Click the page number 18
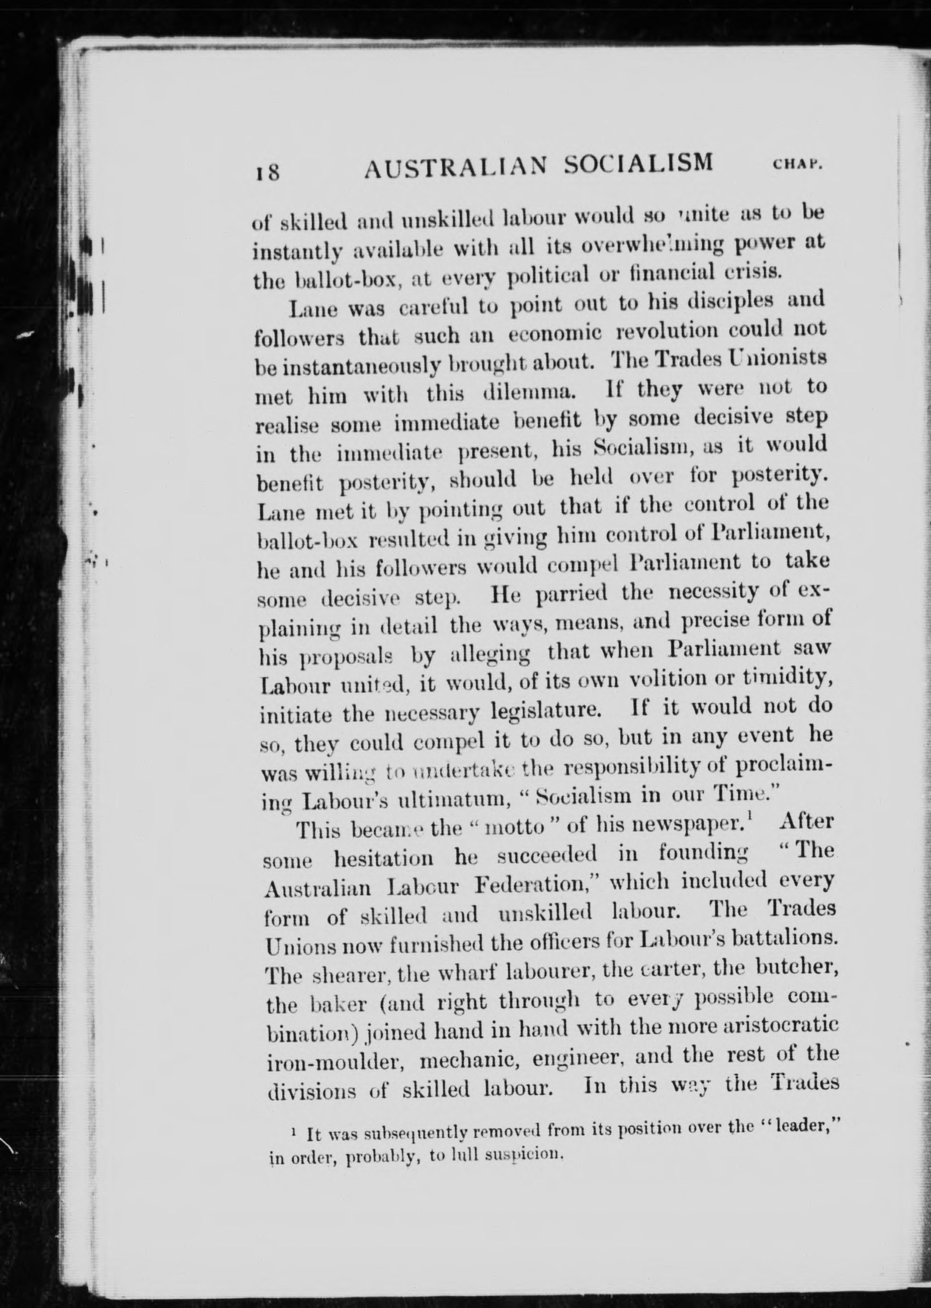pos(267,171)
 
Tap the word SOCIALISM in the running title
pos(639,163)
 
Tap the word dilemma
pos(525,394)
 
